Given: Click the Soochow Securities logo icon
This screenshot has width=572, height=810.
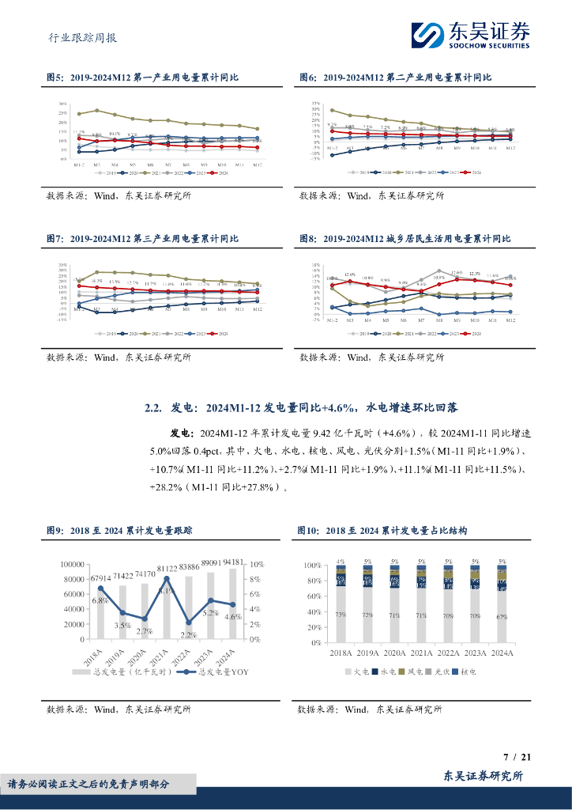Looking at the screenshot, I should coord(427,36).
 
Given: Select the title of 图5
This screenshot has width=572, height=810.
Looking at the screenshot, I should coord(142,78).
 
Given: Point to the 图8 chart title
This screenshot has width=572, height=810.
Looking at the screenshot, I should coord(405,238).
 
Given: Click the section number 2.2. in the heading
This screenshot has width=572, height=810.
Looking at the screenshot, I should coord(153,408).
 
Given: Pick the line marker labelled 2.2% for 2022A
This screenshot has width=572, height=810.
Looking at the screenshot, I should coord(188,623).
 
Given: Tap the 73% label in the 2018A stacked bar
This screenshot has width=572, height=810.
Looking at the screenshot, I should coord(341,615).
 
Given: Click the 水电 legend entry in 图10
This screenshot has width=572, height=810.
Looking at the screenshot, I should coord(387,671).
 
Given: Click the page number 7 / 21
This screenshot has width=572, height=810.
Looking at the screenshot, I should coord(517,757).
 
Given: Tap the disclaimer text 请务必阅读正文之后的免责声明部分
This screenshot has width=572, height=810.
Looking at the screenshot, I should coord(88,784).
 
